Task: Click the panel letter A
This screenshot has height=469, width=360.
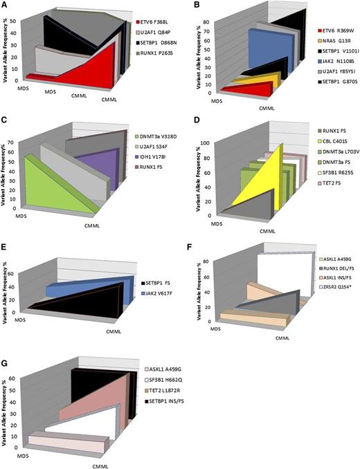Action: [x=6, y=6]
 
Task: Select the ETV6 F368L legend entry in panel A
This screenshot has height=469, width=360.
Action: [x=164, y=23]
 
